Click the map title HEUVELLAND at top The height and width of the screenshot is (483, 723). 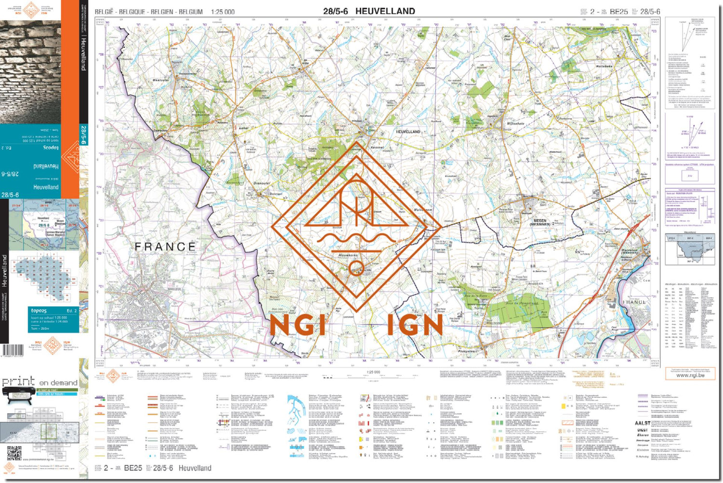click(x=385, y=11)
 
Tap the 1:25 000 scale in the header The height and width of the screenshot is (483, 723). click(x=223, y=12)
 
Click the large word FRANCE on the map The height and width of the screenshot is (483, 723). click(x=165, y=247)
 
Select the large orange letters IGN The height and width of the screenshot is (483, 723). click(x=415, y=326)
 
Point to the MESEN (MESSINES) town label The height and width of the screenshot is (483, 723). click(x=540, y=222)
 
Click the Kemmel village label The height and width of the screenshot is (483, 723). click(x=377, y=147)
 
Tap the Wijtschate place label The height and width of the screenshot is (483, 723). click(x=515, y=124)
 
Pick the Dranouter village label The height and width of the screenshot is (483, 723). click(x=262, y=183)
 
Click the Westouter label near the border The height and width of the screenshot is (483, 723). click(x=161, y=80)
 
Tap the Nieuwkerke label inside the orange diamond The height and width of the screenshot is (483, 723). click(x=348, y=255)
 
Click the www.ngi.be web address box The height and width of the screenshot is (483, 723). click(x=690, y=375)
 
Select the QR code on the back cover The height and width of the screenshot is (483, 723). click(x=14, y=454)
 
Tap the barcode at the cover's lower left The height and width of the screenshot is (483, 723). click(x=12, y=350)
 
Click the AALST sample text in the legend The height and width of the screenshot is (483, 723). click(x=643, y=423)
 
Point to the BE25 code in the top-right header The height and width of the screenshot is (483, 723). click(x=618, y=12)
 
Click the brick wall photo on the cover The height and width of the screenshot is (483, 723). click(x=30, y=72)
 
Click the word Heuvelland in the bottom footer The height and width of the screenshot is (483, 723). click(x=195, y=468)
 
